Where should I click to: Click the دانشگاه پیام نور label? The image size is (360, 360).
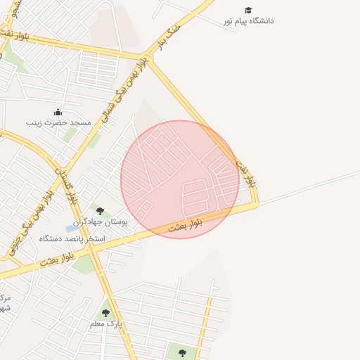click(248, 21)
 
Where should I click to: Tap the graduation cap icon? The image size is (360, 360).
click(248, 10)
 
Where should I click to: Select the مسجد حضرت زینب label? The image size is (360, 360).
click(58, 123)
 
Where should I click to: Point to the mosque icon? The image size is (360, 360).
click(58, 112)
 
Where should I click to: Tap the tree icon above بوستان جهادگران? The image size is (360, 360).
click(100, 210)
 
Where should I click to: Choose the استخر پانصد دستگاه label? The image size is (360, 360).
click(72, 239)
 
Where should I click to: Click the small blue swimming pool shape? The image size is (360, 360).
click(72, 229)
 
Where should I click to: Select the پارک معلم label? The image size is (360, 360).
click(106, 324)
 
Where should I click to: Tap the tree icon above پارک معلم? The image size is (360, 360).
click(105, 313)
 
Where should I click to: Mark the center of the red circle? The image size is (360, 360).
click(180, 179)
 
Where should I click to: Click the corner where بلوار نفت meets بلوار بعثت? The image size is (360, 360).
click(257, 205)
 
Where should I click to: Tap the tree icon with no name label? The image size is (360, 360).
click(182, 353)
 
